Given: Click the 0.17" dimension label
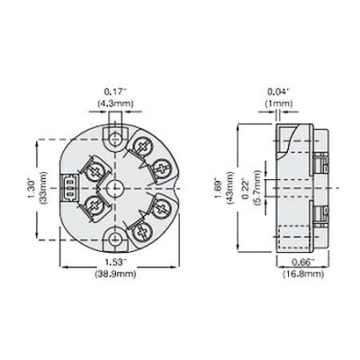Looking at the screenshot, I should tap(113, 91).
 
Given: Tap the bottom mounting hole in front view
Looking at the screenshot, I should tap(113, 238).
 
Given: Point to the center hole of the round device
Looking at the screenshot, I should tap(113, 188).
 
